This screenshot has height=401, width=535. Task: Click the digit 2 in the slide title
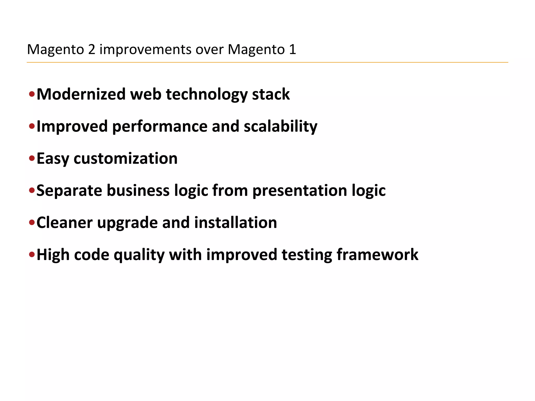pyautogui.click(x=91, y=49)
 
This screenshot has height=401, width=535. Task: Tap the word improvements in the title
pyautogui.click(x=145, y=49)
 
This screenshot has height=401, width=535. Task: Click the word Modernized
pyautogui.click(x=81, y=94)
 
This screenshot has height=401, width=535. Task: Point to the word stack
pyautogui.click(x=271, y=94)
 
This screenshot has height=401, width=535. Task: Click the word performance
pyautogui.click(x=160, y=127)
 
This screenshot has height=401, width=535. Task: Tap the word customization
pyautogui.click(x=125, y=158)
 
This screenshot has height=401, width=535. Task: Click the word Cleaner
pyautogui.click(x=65, y=223)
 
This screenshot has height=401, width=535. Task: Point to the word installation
pyautogui.click(x=235, y=223)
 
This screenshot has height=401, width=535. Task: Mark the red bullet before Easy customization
pyautogui.click(x=32, y=158)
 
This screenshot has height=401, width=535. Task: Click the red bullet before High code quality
pyautogui.click(x=32, y=254)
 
